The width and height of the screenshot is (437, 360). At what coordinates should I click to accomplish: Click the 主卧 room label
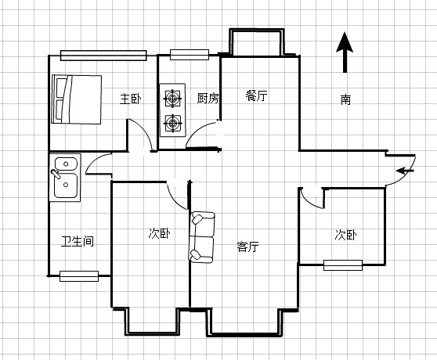(x=131, y=99)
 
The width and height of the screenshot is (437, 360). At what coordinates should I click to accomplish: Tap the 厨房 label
(x=208, y=98)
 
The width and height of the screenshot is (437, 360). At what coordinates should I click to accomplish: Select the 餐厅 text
(x=256, y=95)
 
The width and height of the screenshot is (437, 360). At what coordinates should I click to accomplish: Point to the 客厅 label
(x=247, y=247)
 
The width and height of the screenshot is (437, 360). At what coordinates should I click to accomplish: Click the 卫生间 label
(x=78, y=241)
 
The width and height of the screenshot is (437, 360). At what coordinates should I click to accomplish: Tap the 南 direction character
(x=345, y=99)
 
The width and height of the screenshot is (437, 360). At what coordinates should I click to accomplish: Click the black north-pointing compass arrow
(x=345, y=52)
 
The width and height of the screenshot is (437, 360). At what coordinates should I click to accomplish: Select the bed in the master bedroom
(x=77, y=99)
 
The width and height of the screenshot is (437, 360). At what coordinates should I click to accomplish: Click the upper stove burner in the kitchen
(x=173, y=98)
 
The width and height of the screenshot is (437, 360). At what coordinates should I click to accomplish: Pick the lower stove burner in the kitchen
(x=173, y=123)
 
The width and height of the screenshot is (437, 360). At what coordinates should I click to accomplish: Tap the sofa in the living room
(x=202, y=237)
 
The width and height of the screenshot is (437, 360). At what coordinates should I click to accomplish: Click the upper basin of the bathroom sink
(x=66, y=164)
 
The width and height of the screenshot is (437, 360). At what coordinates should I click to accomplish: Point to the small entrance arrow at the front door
(x=405, y=171)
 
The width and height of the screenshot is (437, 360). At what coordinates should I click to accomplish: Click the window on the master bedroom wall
(x=103, y=56)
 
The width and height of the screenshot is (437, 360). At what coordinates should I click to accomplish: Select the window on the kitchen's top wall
(x=190, y=55)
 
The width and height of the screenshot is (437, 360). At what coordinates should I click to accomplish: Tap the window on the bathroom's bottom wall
(x=79, y=276)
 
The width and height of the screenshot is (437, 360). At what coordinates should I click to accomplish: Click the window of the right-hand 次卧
(x=343, y=265)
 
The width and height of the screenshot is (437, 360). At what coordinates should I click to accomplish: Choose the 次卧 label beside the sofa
(x=159, y=233)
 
